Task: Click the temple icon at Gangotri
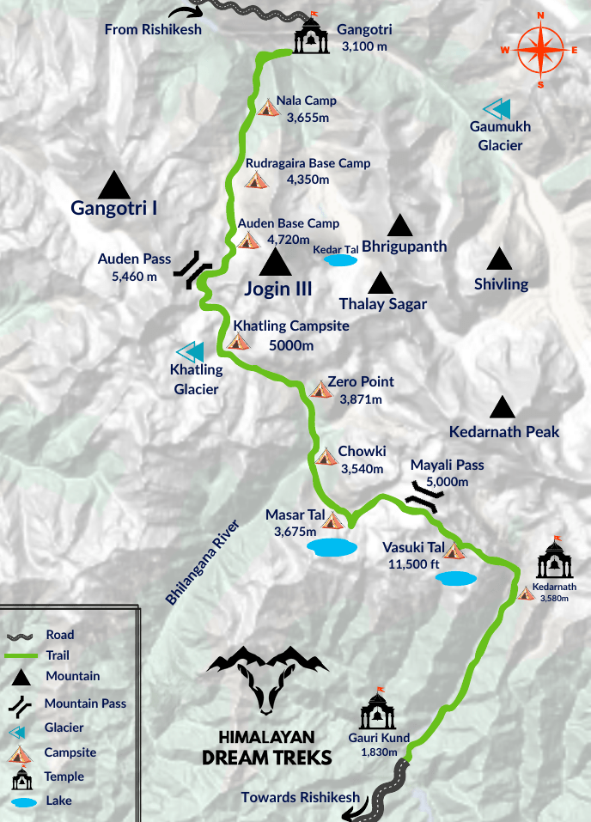[x=311, y=34]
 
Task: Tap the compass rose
[x=539, y=50]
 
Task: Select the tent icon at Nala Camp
[x=268, y=107]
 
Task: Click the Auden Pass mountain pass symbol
[x=192, y=269]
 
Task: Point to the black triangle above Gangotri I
[x=113, y=185]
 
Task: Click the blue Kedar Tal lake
[x=340, y=259]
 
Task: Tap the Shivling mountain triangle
[x=499, y=259]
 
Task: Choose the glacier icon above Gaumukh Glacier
[x=497, y=109]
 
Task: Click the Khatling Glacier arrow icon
[x=190, y=351]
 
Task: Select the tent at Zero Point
[x=320, y=389]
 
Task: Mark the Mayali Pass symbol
[x=425, y=495]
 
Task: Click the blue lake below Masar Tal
[x=332, y=546]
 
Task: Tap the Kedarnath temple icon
[x=553, y=559]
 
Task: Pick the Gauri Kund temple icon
[x=376, y=710]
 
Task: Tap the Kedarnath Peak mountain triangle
[x=503, y=408]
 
